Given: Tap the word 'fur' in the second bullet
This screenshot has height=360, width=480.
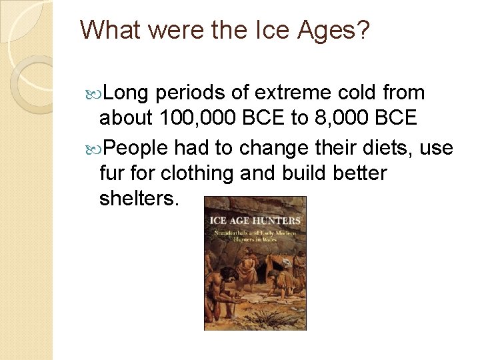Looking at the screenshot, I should [x=113, y=173].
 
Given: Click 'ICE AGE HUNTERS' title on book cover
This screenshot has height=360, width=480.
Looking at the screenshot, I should [x=255, y=220].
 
